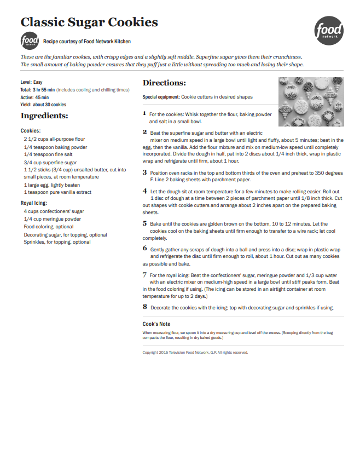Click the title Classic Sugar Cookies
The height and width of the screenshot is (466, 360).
[x=89, y=22]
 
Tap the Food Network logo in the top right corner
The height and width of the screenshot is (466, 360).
[x=329, y=31]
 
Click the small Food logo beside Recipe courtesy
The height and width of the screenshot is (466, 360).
[x=30, y=41]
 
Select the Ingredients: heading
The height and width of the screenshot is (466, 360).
[x=44, y=116]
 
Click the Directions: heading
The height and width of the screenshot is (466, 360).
[x=164, y=83]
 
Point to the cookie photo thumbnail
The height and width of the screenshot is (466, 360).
[x=311, y=102]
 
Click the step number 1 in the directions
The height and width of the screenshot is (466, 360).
[x=144, y=114]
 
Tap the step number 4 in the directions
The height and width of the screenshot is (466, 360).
[x=144, y=191]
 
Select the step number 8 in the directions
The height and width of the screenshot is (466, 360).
[x=145, y=307]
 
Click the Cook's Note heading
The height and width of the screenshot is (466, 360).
[x=156, y=324]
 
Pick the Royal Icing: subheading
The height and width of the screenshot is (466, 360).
[x=34, y=203]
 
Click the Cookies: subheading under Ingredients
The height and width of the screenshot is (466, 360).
[x=31, y=131]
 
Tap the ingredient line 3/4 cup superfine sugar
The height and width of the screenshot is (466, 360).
[x=50, y=163]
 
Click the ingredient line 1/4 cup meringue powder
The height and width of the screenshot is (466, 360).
[x=53, y=218]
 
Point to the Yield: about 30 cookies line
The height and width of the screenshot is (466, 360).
[x=43, y=105]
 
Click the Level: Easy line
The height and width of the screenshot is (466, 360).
[x=32, y=82]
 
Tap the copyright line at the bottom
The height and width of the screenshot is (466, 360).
[x=195, y=352]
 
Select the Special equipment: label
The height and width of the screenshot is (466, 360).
[x=161, y=97]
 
